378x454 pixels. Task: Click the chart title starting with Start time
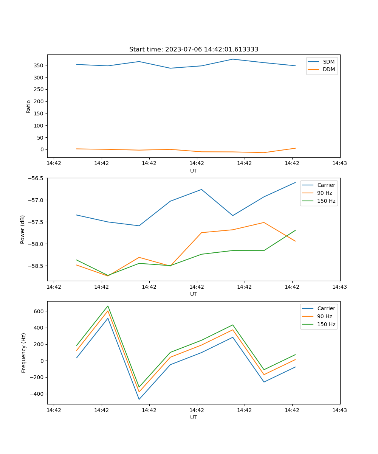point(194,50)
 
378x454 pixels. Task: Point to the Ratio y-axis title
point(29,106)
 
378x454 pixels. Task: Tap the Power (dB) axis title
point(23,229)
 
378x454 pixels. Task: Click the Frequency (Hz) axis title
point(24,353)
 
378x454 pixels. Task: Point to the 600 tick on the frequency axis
point(39,311)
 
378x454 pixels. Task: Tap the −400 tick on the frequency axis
point(37,394)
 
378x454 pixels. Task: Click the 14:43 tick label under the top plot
point(339,163)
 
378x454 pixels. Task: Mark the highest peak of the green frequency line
point(108,306)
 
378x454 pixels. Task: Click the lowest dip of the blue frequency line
point(139,399)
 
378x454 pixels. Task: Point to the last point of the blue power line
point(295,182)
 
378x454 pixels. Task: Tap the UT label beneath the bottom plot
point(194,417)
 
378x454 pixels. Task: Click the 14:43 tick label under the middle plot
point(339,287)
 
